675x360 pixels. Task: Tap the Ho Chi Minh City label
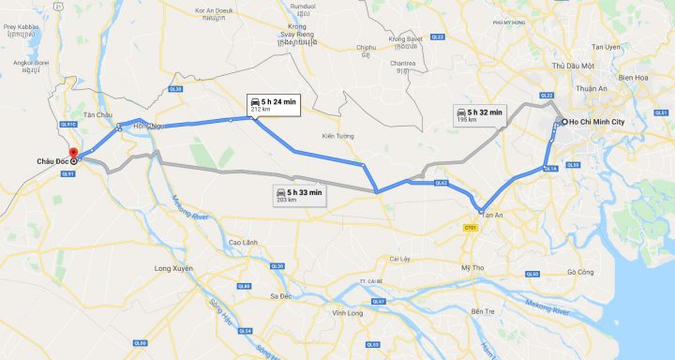595,122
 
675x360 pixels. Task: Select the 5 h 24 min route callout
272,104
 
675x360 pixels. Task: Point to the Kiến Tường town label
337,137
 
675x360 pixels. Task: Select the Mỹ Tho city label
472,267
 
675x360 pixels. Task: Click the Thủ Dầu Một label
575,66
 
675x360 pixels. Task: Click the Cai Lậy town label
399,259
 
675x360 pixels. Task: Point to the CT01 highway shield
472,227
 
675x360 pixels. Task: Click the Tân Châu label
98,114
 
